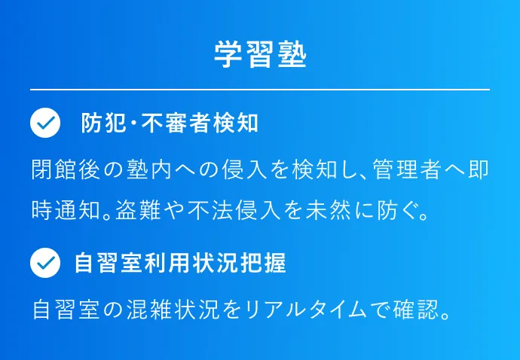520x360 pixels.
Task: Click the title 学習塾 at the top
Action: point(260,55)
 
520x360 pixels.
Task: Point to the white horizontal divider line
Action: point(260,90)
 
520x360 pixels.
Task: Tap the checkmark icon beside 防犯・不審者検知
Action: point(45,123)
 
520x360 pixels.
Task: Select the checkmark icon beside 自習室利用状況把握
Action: point(45,263)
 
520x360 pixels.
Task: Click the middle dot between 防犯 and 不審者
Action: point(134,123)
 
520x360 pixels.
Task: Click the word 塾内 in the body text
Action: point(149,169)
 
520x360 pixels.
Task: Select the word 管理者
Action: point(407,169)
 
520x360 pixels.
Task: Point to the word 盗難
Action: point(138,210)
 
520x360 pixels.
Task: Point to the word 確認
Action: point(416,310)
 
